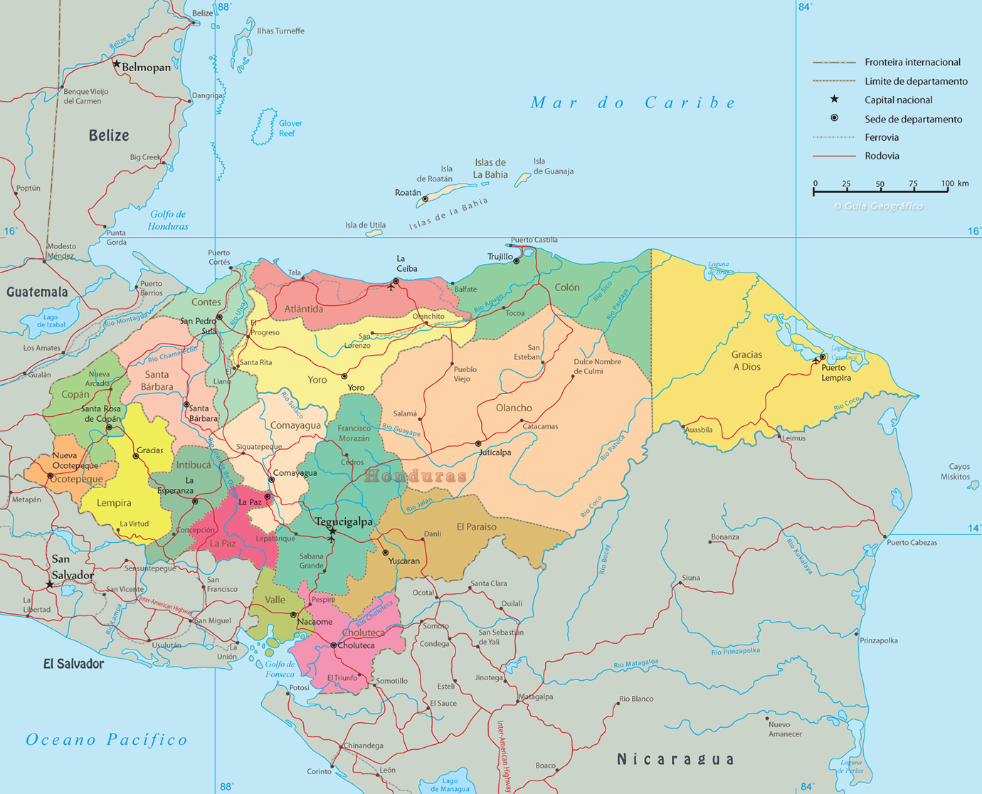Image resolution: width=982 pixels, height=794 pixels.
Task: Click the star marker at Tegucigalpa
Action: point(332,531)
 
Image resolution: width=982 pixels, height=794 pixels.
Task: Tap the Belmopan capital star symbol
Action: point(117,63)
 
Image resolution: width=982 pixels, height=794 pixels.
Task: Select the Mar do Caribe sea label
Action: point(633,102)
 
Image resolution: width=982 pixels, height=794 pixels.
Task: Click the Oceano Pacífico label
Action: point(107,740)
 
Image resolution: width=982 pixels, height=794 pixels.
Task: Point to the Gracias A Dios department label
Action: point(746,361)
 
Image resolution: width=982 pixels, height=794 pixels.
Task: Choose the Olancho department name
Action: point(514,408)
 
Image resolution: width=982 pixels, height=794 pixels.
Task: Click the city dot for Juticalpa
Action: point(478,444)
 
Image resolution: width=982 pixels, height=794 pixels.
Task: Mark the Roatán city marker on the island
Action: point(425,199)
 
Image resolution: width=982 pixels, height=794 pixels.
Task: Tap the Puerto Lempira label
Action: point(835,373)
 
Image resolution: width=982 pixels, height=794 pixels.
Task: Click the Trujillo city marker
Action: point(517,261)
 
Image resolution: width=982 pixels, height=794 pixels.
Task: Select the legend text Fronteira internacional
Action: point(912,63)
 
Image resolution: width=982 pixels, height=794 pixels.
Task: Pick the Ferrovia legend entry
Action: point(882,137)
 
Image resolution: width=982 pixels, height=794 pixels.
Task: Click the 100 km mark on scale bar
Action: point(947,184)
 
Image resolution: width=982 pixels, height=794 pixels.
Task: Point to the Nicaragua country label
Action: point(675,759)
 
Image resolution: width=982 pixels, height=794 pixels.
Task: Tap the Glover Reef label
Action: point(290,128)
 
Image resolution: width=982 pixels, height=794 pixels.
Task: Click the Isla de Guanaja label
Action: point(553,166)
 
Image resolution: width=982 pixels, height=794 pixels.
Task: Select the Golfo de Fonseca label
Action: point(280,669)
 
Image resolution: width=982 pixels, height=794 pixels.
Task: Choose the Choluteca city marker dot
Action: point(333,645)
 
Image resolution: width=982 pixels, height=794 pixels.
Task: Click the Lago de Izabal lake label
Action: point(51,321)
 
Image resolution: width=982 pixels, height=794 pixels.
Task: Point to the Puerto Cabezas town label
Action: point(912,542)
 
